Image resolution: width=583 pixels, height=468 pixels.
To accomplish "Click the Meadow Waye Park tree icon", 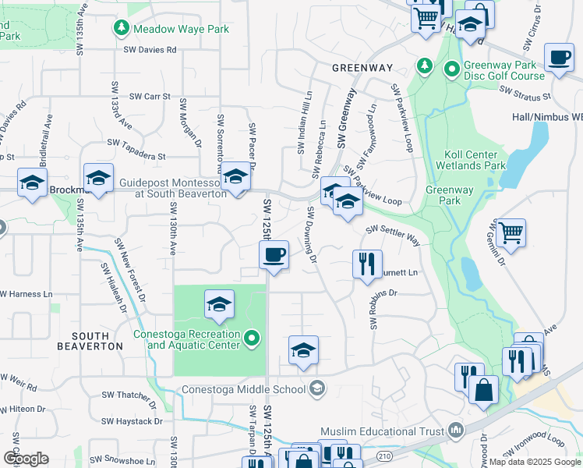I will (122, 29).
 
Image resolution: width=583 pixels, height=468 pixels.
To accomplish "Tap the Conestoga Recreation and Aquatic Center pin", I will (251, 339).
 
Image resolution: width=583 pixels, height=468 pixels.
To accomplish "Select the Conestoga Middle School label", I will (243, 388).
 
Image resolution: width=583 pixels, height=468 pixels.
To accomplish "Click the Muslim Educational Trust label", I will (382, 431).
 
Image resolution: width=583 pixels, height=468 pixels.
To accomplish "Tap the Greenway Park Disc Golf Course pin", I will (451, 70).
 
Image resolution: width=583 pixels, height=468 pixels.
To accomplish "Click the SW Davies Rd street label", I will (150, 49).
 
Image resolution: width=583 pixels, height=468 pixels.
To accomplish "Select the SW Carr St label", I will (149, 96).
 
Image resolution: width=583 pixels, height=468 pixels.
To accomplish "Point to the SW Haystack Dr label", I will (136, 421).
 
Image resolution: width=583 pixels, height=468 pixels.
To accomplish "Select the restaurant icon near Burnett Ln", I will (367, 263).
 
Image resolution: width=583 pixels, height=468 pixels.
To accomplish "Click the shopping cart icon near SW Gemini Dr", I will (511, 232).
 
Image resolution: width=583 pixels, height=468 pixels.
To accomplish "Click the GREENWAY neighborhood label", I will (362, 68).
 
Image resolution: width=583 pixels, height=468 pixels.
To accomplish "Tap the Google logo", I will (26, 459).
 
